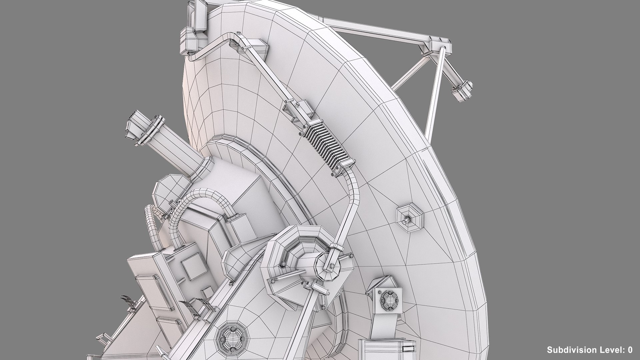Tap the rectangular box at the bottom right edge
pos(387,347)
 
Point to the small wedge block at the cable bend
pos(258,47)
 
